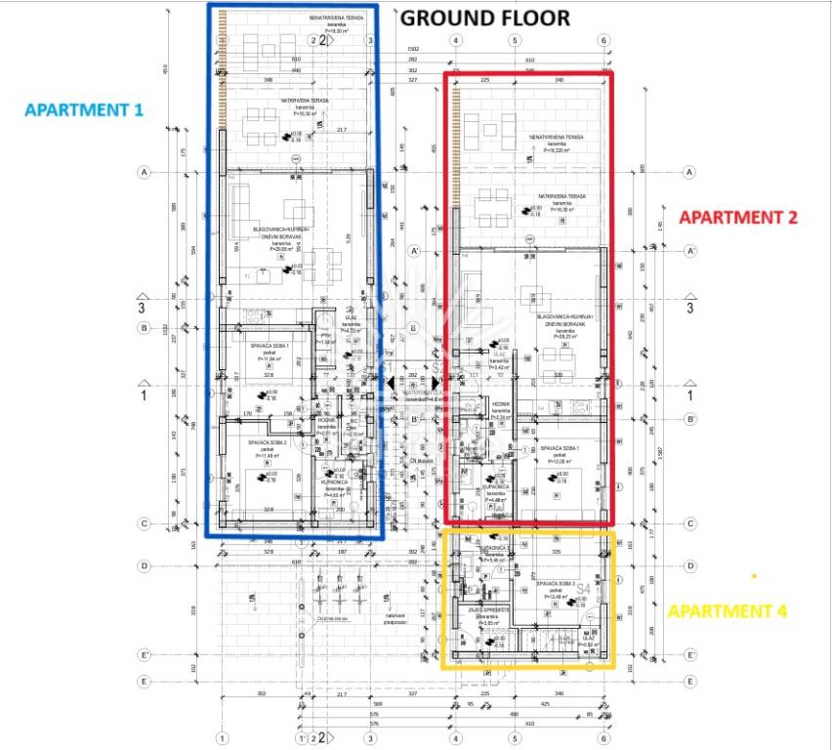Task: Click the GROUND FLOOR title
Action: pyautogui.click(x=485, y=17)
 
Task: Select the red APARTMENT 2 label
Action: pyautogui.click(x=738, y=218)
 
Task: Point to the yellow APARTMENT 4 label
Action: pyautogui.click(x=727, y=611)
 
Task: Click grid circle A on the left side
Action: pyautogui.click(x=145, y=173)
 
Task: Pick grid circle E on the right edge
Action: pyautogui.click(x=689, y=682)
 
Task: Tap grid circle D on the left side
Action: pyautogui.click(x=145, y=565)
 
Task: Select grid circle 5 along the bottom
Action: pyautogui.click(x=514, y=737)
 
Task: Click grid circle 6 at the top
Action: pyautogui.click(x=604, y=40)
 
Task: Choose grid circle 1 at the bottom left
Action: pyautogui.click(x=223, y=737)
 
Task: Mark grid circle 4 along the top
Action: pyautogui.click(x=455, y=40)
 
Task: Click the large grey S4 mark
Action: pyautogui.click(x=585, y=591)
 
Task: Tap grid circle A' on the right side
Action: pyautogui.click(x=689, y=251)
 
